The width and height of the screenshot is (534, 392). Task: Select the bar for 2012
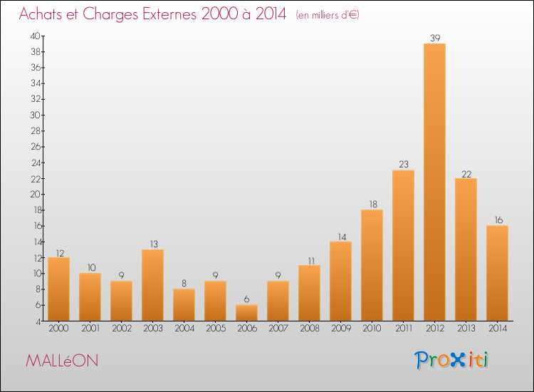pyautogui.click(x=434, y=182)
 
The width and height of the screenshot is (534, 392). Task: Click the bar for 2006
pyautogui.click(x=246, y=313)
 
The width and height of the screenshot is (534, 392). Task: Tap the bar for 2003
pyautogui.click(x=152, y=285)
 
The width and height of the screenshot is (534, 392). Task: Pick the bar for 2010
pyautogui.click(x=372, y=265)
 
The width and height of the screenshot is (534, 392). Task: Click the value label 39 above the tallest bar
pyautogui.click(x=435, y=38)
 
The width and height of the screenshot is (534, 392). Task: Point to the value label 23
pyautogui.click(x=404, y=165)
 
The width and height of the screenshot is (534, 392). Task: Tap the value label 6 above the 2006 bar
pyautogui.click(x=246, y=299)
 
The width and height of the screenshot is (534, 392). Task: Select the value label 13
pyautogui.click(x=154, y=244)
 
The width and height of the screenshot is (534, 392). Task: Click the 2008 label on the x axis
pyautogui.click(x=310, y=328)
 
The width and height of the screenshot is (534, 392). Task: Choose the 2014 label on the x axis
pyautogui.click(x=498, y=328)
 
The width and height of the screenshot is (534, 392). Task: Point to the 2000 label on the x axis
pyautogui.click(x=58, y=328)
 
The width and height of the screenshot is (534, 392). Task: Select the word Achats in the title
pyautogui.click(x=41, y=14)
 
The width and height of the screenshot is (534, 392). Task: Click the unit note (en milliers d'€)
pyautogui.click(x=328, y=15)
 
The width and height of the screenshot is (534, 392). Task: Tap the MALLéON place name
pyautogui.click(x=62, y=361)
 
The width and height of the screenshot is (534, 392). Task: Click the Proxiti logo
pyautogui.click(x=451, y=360)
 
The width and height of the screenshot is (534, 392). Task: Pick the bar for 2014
pyautogui.click(x=497, y=273)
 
